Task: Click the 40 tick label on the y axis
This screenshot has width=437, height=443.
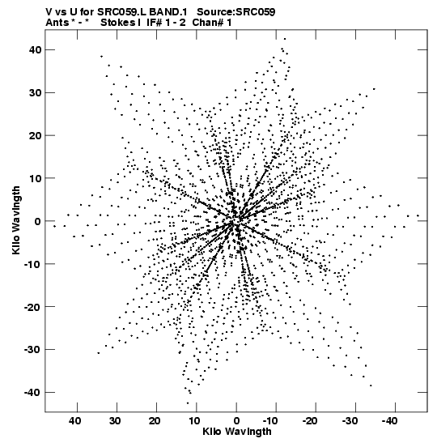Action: [35, 49]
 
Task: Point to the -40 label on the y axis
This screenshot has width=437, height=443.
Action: [32, 393]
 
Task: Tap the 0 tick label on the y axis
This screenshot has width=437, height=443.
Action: [38, 221]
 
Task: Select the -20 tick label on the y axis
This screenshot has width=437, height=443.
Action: [32, 307]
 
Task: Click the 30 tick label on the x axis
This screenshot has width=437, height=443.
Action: [115, 421]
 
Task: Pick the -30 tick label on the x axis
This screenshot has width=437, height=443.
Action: [350, 421]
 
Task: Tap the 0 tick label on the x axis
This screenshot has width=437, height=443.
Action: [236, 421]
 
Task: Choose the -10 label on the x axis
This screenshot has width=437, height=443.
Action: [270, 421]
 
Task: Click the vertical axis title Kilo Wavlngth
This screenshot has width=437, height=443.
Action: [16, 220]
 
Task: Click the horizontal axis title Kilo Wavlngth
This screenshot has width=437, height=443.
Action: [237, 432]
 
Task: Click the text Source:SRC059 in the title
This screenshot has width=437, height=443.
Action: [235, 12]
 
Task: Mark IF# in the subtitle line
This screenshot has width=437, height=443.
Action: [155, 23]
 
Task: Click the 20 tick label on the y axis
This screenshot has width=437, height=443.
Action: [35, 135]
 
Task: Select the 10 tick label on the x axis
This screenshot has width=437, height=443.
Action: [194, 421]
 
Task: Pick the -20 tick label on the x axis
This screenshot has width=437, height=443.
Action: [310, 421]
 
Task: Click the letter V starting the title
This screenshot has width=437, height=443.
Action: [49, 12]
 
